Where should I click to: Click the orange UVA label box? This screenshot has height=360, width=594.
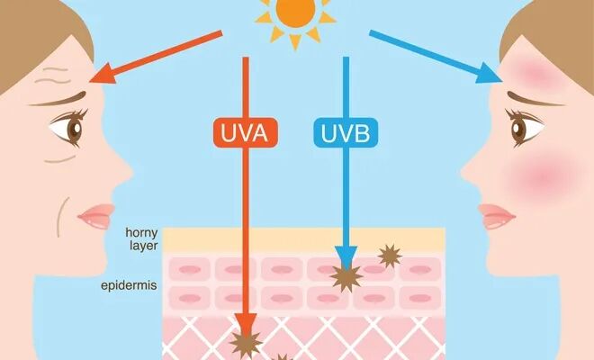point(246,132)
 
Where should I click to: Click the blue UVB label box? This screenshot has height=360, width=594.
point(346,132)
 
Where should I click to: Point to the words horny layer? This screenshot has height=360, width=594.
point(141,239)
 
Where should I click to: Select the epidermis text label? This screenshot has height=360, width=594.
point(129,285)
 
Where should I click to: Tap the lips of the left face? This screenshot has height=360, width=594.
point(96,216)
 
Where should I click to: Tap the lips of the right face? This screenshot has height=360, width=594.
point(497,216)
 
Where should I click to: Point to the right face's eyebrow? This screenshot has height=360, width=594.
point(535,99)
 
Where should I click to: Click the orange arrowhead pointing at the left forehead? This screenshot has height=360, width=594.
point(103,75)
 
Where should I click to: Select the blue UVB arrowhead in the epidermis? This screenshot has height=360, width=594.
point(346,257)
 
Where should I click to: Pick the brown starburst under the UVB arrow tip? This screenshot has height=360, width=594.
point(346,277)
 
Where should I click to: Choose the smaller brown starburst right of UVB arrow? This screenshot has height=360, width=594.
point(390,256)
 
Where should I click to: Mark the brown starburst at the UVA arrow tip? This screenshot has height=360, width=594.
point(246,343)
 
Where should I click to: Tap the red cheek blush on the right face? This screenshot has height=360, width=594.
point(543,175)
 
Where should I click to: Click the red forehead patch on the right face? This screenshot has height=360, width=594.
point(534,72)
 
